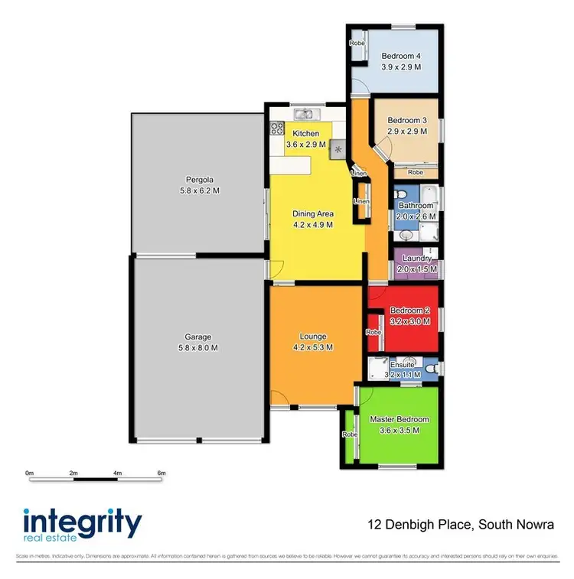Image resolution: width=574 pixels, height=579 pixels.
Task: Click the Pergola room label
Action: click(x=197, y=180)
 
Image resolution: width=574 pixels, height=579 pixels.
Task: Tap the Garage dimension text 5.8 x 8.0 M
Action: click(x=197, y=348)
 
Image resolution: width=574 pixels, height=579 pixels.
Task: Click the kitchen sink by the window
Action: click(x=305, y=115)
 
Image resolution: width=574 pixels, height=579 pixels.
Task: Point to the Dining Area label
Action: click(x=313, y=214)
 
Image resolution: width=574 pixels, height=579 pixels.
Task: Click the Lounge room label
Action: click(x=313, y=337)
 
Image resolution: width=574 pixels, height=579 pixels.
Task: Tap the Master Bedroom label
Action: click(x=400, y=419)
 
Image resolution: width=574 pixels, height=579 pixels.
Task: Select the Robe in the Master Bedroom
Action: click(x=350, y=434)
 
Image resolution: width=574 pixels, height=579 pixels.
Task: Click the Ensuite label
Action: click(x=402, y=365)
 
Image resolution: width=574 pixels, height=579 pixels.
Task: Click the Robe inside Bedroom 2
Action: click(x=373, y=333)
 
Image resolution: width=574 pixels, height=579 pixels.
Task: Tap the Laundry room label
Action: click(x=417, y=259)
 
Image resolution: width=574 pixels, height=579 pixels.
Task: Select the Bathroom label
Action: click(x=416, y=206)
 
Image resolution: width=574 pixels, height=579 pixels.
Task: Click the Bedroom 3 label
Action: click(x=406, y=121)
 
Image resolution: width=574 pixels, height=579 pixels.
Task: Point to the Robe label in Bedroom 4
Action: click(x=357, y=44)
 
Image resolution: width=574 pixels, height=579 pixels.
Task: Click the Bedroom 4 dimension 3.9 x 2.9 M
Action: click(x=402, y=67)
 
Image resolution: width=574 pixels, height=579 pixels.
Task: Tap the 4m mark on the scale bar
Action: click(x=117, y=473)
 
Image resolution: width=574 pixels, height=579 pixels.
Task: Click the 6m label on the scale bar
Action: click(x=161, y=473)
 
